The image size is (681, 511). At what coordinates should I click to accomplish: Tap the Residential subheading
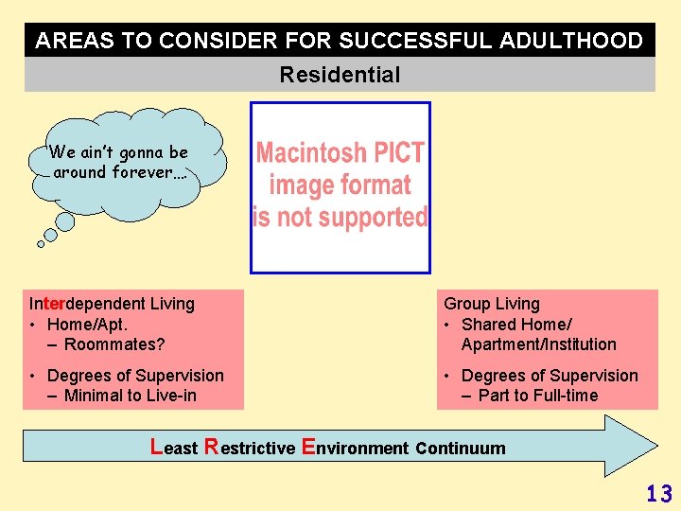coord(340,75)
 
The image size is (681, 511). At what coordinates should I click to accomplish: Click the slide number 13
coord(658,493)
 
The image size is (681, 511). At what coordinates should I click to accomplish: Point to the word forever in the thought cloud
coord(142,172)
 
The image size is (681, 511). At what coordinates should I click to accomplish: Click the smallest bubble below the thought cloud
coord(41,243)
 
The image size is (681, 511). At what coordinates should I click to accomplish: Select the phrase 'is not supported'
coord(340,217)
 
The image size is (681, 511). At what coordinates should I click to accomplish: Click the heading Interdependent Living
coord(112,304)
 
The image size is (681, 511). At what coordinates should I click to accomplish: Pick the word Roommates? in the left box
coord(114,344)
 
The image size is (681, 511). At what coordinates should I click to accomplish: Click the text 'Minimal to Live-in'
coord(131,396)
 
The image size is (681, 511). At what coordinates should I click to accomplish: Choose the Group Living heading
coord(492,304)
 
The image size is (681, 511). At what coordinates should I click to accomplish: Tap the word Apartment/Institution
coord(538,344)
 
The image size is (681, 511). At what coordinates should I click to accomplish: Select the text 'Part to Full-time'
coord(538,396)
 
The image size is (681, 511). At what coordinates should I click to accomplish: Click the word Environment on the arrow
coord(355,448)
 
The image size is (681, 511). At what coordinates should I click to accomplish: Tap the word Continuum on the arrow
coord(461,448)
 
